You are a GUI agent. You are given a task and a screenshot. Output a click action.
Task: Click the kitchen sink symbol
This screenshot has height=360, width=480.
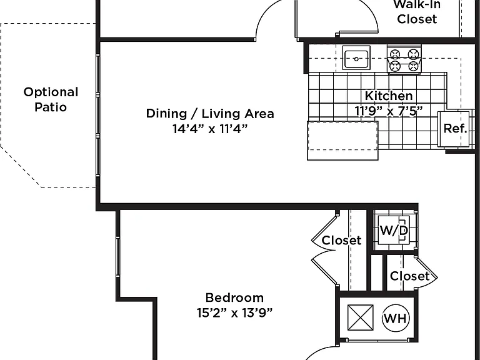coord(356,58)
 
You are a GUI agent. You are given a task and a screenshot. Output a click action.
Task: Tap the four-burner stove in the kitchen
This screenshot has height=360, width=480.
coord(404,59)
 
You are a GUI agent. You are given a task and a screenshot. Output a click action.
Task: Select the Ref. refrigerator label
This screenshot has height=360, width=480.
coord(455,129)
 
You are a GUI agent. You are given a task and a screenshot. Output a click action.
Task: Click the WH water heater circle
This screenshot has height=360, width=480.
coord(396,318)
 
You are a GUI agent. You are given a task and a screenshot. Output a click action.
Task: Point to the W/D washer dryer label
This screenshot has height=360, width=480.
coord(394,230)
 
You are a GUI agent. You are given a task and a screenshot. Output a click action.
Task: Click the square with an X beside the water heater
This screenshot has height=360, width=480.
coord(360,317)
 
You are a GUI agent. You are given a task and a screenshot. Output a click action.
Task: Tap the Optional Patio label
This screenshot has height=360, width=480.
coord(51,99)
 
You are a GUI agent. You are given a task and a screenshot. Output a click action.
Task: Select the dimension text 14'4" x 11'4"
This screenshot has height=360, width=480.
coord(210,129)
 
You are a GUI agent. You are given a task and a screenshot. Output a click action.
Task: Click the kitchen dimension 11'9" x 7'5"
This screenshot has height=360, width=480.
coord(389,111)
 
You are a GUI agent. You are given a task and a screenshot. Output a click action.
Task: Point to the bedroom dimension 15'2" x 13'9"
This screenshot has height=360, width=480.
coord(234,313)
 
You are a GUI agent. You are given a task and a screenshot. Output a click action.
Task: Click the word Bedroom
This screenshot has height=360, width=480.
coord(234,297)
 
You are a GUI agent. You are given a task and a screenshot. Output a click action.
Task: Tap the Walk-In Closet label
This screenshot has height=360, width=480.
coord(417,12)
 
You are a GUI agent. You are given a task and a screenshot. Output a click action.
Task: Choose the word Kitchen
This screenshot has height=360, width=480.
coord(389,96)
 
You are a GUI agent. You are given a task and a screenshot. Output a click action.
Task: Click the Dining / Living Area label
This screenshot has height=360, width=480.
coord(210,114)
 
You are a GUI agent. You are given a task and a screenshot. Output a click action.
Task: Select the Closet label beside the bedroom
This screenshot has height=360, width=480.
coord(342,240)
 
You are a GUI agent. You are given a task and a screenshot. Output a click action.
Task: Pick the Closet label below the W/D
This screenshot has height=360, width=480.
coord(409,276)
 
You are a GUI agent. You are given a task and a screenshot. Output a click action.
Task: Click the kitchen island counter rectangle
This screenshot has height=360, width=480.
coord(342,141)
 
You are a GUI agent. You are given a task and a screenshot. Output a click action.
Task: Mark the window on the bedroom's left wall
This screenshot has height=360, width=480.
coord(118,257)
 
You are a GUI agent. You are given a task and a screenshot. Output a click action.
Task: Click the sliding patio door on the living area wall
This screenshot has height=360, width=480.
coord(98,115)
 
